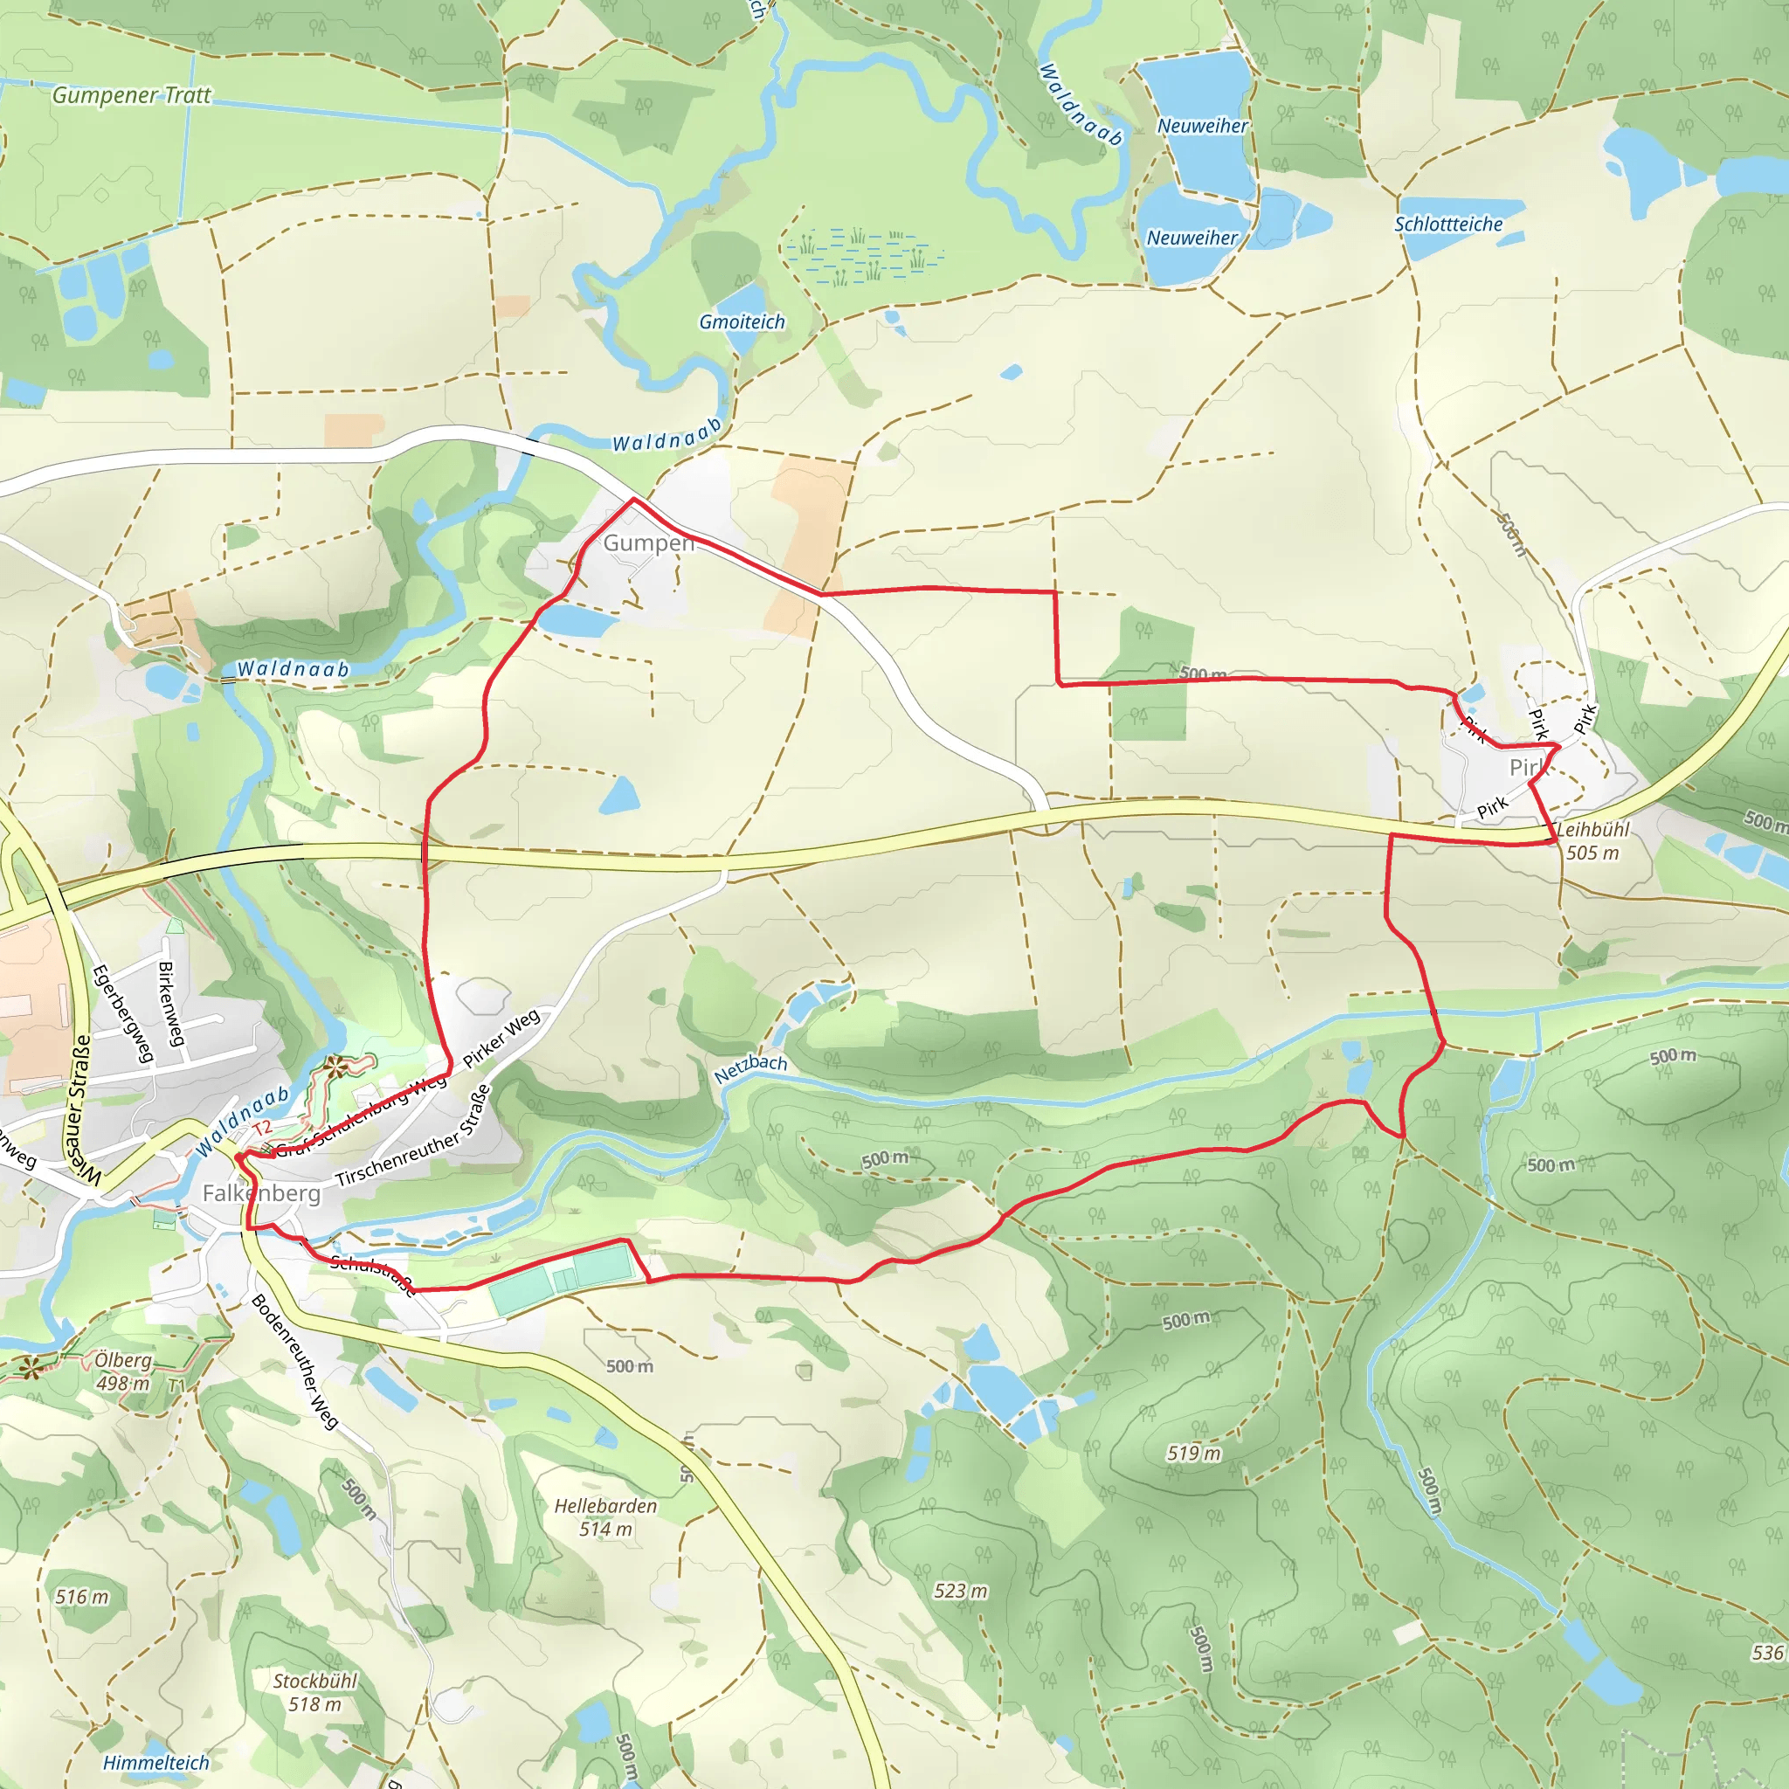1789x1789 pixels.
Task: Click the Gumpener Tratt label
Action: tap(132, 95)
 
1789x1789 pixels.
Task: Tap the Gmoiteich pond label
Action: tap(742, 322)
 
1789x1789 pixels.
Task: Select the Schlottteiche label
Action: tap(1448, 224)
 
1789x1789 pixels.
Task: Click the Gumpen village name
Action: tap(648, 542)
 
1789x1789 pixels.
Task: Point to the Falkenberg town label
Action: tap(261, 1192)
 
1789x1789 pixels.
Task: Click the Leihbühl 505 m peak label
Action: tap(1592, 841)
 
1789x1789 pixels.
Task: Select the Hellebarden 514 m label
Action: tap(605, 1517)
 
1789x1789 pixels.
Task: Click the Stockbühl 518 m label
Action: tap(314, 1693)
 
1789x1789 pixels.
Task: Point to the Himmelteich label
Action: tap(155, 1763)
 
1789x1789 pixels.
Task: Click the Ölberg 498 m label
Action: tap(122, 1371)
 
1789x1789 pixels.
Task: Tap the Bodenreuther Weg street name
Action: tap(294, 1361)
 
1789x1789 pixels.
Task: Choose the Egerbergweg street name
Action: tap(123, 1014)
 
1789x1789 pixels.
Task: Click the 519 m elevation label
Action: tap(1193, 1453)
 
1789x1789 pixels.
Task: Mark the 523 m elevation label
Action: tap(960, 1591)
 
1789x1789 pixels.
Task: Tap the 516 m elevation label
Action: tap(81, 1597)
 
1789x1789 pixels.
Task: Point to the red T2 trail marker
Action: tap(262, 1127)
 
